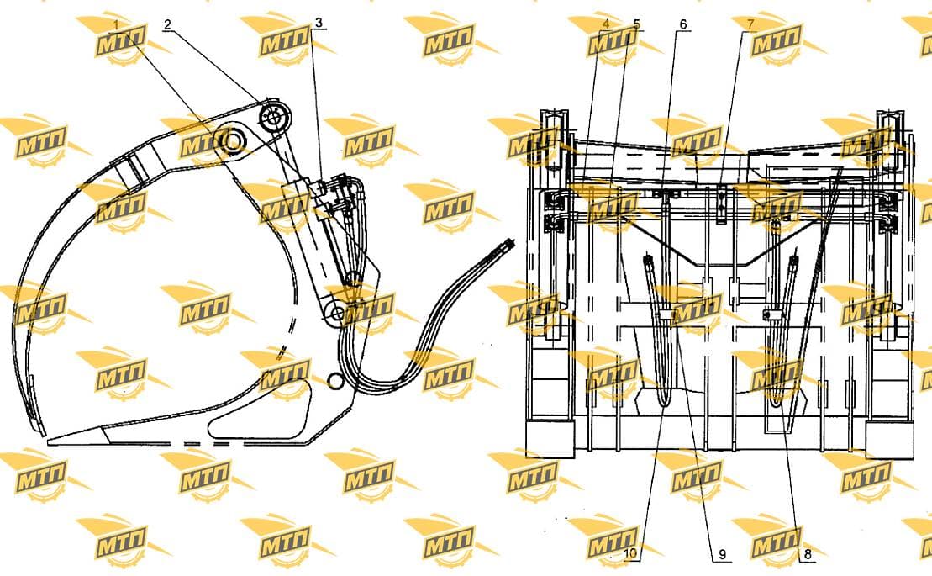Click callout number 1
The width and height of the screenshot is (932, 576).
click(117, 25)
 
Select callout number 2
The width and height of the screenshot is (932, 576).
click(167, 24)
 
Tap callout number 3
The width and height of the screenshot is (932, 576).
click(319, 24)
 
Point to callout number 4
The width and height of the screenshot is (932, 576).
click(606, 24)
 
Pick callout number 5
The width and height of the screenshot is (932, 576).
click(636, 24)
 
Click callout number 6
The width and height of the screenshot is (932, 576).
click(683, 24)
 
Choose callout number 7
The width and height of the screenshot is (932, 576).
click(750, 24)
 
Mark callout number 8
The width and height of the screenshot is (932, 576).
click(807, 555)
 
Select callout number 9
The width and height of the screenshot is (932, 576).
click(722, 555)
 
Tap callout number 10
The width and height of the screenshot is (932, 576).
click(630, 553)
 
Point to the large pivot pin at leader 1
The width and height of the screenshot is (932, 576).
click(230, 140)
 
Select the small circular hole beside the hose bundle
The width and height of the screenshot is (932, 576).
click(334, 379)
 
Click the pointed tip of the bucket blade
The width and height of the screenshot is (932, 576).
click(50, 441)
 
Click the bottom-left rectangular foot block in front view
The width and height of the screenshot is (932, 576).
click(550, 438)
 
